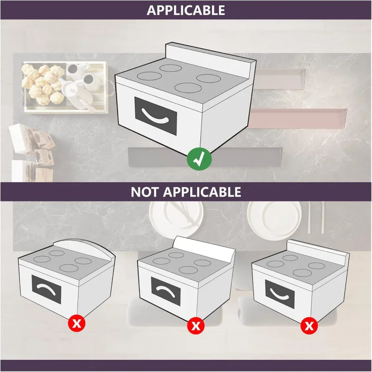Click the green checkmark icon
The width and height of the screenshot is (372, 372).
(199, 159)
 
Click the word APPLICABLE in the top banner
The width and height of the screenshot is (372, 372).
(186, 10)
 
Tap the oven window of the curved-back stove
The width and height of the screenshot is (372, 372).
(46, 290)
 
